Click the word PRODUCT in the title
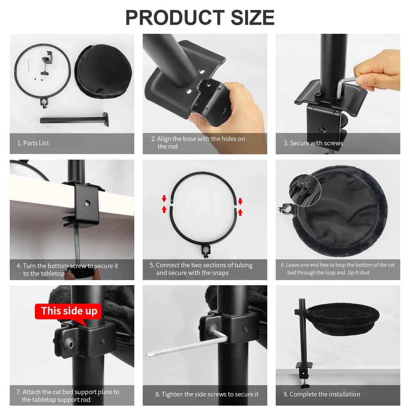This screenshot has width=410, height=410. pos(175,18)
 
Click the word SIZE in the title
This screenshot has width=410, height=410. pos(253,18)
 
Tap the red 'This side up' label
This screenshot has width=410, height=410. pos(68,311)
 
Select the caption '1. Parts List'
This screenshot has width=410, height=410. pos(33,143)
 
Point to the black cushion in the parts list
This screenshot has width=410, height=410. pos(103,71)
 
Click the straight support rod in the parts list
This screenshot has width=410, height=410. pos(74,120)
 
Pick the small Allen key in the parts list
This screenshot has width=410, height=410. pos(30,65)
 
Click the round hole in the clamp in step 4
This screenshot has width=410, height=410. pos(87,203)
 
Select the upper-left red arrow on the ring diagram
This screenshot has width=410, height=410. pos(164,198)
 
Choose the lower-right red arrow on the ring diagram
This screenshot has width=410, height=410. pos(240,212)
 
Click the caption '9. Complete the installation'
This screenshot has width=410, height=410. pos(322,394)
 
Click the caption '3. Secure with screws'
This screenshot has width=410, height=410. pos(313,143)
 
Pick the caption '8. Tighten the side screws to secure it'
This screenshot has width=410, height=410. pos(207,394)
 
